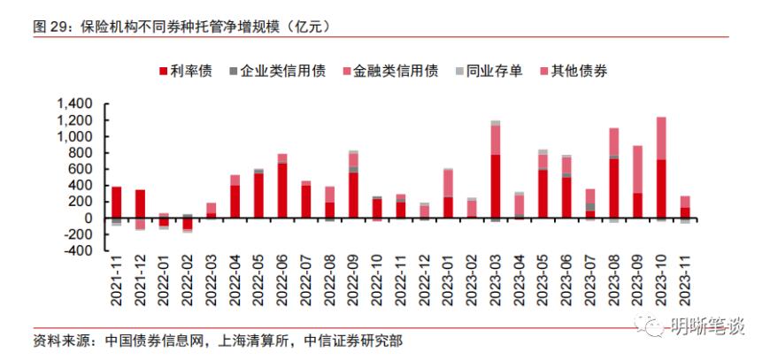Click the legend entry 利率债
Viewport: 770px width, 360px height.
185,71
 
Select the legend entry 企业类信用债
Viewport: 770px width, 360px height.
276,71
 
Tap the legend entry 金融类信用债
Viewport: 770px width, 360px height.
389,71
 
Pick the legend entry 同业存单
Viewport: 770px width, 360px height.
488,71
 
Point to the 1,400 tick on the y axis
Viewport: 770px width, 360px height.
74,104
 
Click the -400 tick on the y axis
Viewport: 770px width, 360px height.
79,250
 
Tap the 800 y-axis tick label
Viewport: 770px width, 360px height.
81,153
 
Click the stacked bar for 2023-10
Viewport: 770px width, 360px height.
661,168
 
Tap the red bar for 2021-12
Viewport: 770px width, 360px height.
140,203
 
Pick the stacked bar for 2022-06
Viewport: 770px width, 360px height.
282,186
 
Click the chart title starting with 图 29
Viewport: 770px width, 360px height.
181,27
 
